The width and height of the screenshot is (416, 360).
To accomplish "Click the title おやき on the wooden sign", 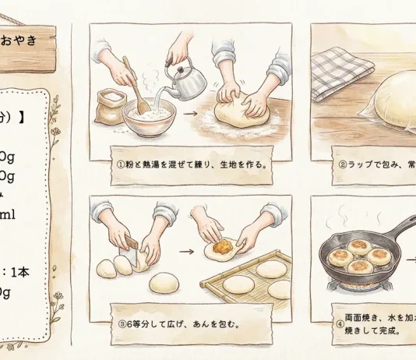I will click(x=20, y=41).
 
